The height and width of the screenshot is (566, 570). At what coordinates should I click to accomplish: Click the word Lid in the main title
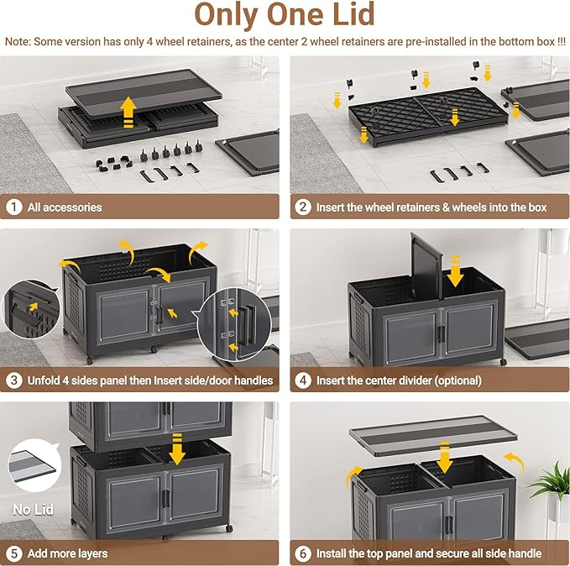353,14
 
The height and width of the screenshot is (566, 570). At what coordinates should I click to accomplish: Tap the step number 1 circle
13,207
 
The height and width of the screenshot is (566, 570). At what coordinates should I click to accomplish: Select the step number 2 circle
303,207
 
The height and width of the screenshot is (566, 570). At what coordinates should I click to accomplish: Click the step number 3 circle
13,380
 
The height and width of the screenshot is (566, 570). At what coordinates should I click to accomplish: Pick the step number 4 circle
303,380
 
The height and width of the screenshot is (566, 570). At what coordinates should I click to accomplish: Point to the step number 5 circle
13,553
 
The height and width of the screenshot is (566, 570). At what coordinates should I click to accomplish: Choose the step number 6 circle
303,553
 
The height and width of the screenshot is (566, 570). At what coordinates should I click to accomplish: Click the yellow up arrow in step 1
128,112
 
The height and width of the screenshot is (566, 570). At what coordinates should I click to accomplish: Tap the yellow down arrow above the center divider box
455,271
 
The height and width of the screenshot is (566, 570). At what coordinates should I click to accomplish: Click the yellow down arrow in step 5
177,449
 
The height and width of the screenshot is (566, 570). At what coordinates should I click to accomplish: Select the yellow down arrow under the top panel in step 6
444,458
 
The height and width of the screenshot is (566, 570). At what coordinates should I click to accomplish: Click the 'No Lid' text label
33,509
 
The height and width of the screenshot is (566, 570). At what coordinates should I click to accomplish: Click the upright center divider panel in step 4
426,266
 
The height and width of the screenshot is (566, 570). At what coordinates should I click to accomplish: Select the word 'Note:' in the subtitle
18,41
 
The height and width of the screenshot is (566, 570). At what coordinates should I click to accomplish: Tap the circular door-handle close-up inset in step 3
234,324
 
